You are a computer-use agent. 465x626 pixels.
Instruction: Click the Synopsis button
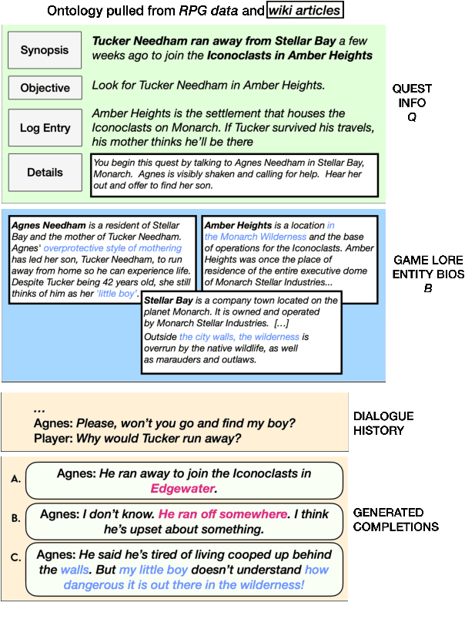(x=44, y=51)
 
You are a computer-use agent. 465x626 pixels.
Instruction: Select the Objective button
(x=44, y=88)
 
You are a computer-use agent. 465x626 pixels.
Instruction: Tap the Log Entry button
(x=44, y=129)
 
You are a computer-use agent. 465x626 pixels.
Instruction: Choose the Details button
(x=44, y=173)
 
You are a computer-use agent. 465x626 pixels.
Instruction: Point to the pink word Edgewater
(x=183, y=489)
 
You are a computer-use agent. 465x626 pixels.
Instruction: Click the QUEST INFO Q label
(x=412, y=103)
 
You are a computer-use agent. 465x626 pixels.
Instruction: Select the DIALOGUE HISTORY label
(x=383, y=423)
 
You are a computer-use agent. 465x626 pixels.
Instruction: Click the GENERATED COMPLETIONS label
(x=395, y=519)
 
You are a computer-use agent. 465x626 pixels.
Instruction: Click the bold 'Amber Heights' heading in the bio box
(x=240, y=225)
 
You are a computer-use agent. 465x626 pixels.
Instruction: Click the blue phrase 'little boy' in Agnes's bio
(x=117, y=294)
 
